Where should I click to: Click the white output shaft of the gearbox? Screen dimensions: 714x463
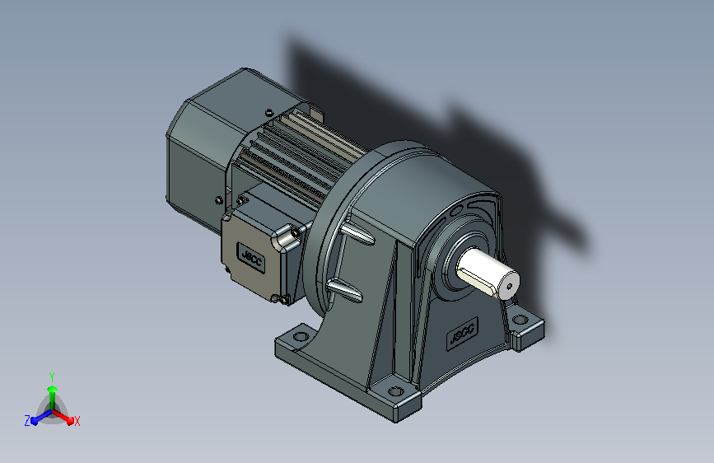[x=488, y=273]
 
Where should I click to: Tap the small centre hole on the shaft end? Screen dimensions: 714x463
[x=510, y=286]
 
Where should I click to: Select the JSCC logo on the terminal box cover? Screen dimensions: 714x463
[x=251, y=258]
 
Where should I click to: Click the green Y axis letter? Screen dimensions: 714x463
[x=52, y=376]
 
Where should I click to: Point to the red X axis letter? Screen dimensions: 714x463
[x=77, y=421]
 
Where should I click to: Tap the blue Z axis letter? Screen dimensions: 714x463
[x=27, y=421]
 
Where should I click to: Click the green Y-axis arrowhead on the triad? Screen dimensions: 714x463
[x=53, y=389]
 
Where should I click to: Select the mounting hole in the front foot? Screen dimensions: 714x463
[x=395, y=391]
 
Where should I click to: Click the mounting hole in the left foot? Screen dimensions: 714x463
[x=301, y=337]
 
